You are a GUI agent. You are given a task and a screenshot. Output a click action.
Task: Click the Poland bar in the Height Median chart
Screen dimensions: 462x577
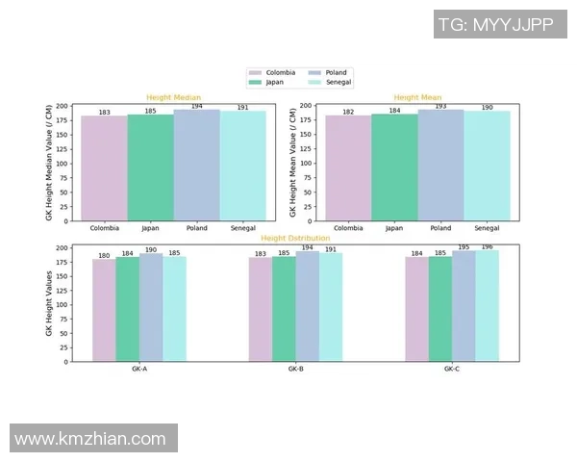click(196, 165)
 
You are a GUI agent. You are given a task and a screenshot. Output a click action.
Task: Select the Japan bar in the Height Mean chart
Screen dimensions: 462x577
click(394, 167)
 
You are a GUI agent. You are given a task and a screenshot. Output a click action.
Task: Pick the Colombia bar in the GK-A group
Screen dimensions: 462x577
click(104, 310)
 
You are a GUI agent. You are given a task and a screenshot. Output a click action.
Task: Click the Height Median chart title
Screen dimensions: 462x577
click(166, 97)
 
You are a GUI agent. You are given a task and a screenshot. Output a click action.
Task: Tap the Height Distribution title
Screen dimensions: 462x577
click(295, 238)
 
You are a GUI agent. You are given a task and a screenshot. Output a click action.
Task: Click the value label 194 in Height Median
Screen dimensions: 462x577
click(196, 106)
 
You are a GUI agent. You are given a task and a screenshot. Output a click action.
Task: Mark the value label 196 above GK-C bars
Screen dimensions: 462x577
click(488, 247)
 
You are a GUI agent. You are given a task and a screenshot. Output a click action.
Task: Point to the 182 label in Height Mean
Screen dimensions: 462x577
click(348, 113)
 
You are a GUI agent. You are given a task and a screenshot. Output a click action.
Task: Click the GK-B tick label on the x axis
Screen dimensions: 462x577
click(295, 370)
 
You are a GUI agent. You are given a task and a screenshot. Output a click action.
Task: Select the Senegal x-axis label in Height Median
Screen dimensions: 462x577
click(242, 228)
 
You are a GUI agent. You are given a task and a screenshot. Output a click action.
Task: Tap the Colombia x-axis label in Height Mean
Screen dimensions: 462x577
click(348, 228)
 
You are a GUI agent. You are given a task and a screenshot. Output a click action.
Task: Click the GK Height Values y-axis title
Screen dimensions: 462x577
click(49, 303)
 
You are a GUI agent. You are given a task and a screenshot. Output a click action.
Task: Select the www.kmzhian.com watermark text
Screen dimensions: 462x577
click(90, 439)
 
